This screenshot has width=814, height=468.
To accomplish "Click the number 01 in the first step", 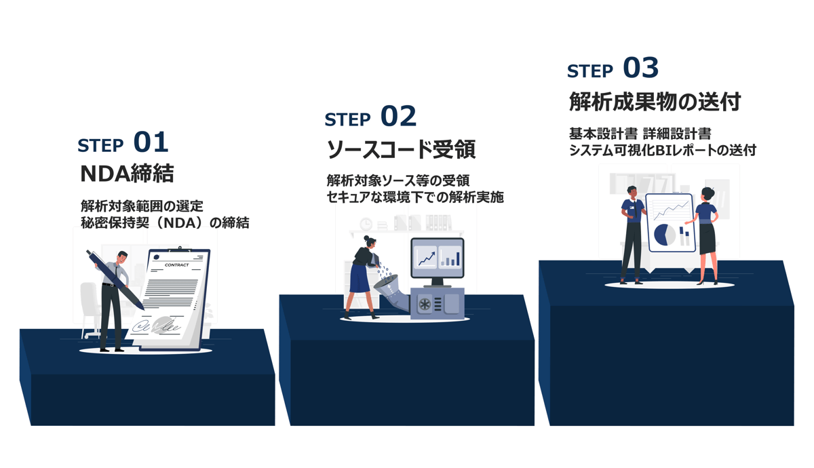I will pyautogui.click(x=151, y=142).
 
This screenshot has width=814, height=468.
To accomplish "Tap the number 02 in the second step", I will pyautogui.click(x=398, y=117).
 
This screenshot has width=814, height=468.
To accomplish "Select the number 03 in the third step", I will pyautogui.click(x=640, y=68).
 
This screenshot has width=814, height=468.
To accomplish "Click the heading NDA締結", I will pyautogui.click(x=127, y=174).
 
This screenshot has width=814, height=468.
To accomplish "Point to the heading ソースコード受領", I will pyautogui.click(x=401, y=149).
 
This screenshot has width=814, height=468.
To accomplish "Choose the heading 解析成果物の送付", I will pyautogui.click(x=655, y=102).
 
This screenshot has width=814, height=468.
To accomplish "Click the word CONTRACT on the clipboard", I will pyautogui.click(x=177, y=265).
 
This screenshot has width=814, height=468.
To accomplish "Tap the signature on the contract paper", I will pyautogui.click(x=157, y=326).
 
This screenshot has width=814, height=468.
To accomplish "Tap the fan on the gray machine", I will pyautogui.click(x=425, y=305).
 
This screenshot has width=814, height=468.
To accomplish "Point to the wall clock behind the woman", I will pyautogui.click(x=366, y=224).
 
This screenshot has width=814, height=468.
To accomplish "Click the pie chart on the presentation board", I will pyautogui.click(x=664, y=235).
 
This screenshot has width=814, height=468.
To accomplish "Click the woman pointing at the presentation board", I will pyautogui.click(x=706, y=231).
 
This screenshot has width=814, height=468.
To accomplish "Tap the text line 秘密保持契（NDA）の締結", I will pyautogui.click(x=165, y=222).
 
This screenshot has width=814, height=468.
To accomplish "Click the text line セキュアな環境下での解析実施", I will pyautogui.click(x=414, y=197).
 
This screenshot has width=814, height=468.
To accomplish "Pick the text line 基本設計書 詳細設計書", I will pyautogui.click(x=640, y=134).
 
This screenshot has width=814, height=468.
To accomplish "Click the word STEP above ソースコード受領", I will pyautogui.click(x=347, y=120).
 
